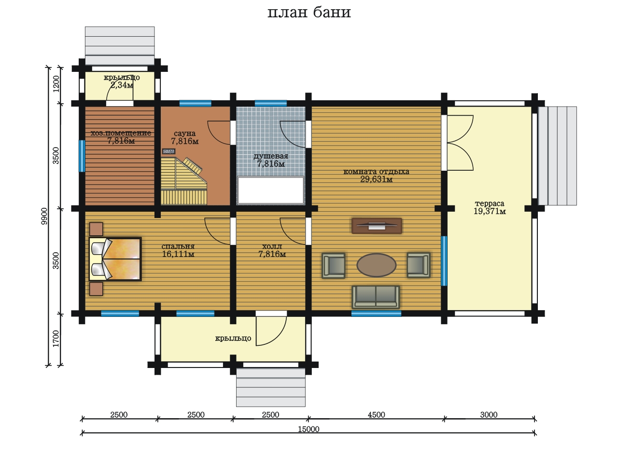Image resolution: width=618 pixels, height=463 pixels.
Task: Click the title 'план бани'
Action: click(x=309, y=13)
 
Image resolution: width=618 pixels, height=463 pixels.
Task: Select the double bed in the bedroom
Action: click(x=115, y=259)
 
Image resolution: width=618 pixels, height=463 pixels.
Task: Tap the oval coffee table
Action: click(x=377, y=265)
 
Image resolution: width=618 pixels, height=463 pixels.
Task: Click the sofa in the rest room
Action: click(x=376, y=297)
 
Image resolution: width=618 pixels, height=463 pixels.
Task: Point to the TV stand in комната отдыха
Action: click(x=377, y=226)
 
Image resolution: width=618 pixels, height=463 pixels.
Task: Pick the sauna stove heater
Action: click(x=169, y=151)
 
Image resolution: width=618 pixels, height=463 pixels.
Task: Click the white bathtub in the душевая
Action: click(x=270, y=190)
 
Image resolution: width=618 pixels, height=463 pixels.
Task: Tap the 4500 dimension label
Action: click(x=376, y=415)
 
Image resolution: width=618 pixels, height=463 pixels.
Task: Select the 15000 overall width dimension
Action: click(x=309, y=429)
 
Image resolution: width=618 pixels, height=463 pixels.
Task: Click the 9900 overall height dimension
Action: click(x=44, y=216)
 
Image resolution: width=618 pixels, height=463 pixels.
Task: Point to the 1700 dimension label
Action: click(x=56, y=339)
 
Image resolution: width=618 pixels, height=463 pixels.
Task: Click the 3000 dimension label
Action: click(x=489, y=415)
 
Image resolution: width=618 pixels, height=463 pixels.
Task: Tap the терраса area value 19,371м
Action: click(x=490, y=211)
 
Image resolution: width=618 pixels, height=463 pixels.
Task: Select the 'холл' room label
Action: click(x=272, y=246)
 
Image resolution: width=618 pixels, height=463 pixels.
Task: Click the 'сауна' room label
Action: click(x=185, y=133)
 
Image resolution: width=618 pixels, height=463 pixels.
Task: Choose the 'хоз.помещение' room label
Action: click(x=121, y=133)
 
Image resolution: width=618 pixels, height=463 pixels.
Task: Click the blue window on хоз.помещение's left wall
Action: click(x=82, y=156)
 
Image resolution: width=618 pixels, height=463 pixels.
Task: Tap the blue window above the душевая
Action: click(x=270, y=103)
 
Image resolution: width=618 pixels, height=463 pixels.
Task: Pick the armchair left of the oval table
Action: click(x=333, y=265)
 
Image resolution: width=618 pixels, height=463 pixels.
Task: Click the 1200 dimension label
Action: click(x=56, y=83)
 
